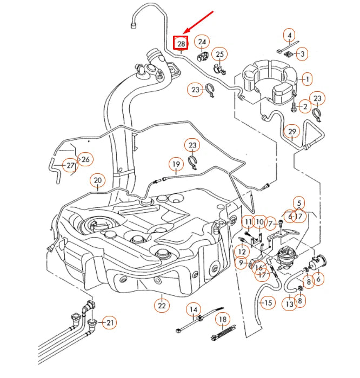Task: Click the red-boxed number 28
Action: (x=181, y=43)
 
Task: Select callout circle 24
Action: (x=202, y=42)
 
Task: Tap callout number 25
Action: (x=220, y=54)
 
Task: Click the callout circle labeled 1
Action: (x=306, y=79)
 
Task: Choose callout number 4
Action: (x=290, y=36)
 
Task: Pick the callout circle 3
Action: (x=302, y=53)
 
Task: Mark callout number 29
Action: (x=292, y=132)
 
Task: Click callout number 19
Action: (x=176, y=164)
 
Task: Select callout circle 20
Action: (x=97, y=180)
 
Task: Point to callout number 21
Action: (x=110, y=323)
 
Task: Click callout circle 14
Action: (x=193, y=309)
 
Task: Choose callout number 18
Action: (x=222, y=320)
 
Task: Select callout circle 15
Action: (x=268, y=302)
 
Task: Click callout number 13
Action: (x=290, y=304)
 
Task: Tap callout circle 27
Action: (x=71, y=165)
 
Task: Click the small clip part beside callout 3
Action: (x=288, y=53)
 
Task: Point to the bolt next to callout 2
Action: (x=294, y=107)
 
